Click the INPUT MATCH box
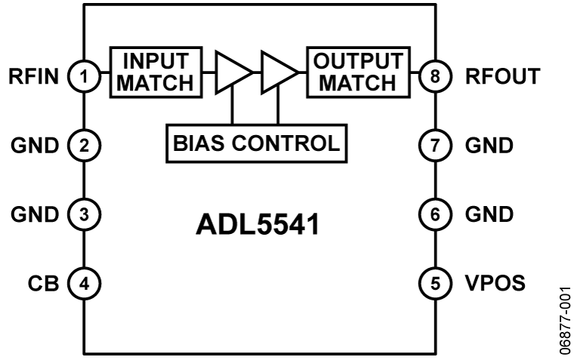point(157,72)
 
